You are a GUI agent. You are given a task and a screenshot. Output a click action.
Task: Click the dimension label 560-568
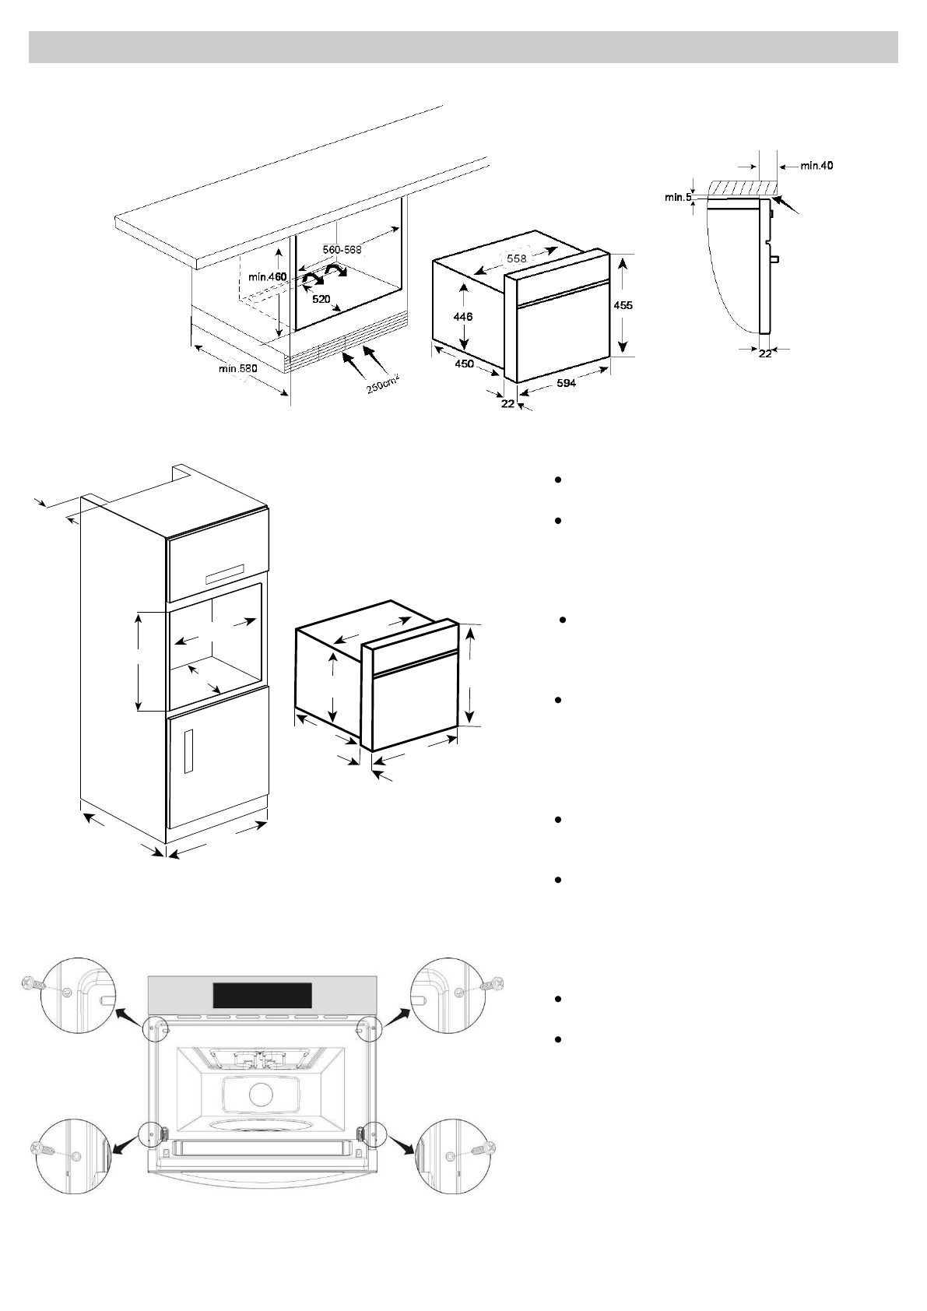(x=342, y=250)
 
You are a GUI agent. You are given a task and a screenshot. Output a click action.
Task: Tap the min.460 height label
(x=268, y=277)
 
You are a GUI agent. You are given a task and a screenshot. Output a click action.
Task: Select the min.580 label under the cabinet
(x=237, y=367)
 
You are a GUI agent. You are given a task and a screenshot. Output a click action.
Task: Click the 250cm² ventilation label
(x=383, y=382)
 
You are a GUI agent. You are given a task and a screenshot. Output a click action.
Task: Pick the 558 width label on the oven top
(x=517, y=258)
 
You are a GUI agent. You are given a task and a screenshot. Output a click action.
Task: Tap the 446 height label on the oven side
(x=463, y=317)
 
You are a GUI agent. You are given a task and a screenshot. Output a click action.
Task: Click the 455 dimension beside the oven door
(x=623, y=306)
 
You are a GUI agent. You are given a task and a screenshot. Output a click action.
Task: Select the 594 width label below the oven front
(x=566, y=383)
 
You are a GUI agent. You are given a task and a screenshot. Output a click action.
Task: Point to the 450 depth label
(x=464, y=364)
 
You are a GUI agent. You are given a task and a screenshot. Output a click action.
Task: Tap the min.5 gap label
(x=677, y=198)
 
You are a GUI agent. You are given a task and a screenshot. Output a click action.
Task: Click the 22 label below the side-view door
(x=765, y=353)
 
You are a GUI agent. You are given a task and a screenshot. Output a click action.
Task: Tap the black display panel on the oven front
(x=262, y=995)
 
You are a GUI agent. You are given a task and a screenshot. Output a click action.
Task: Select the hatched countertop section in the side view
(x=743, y=188)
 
